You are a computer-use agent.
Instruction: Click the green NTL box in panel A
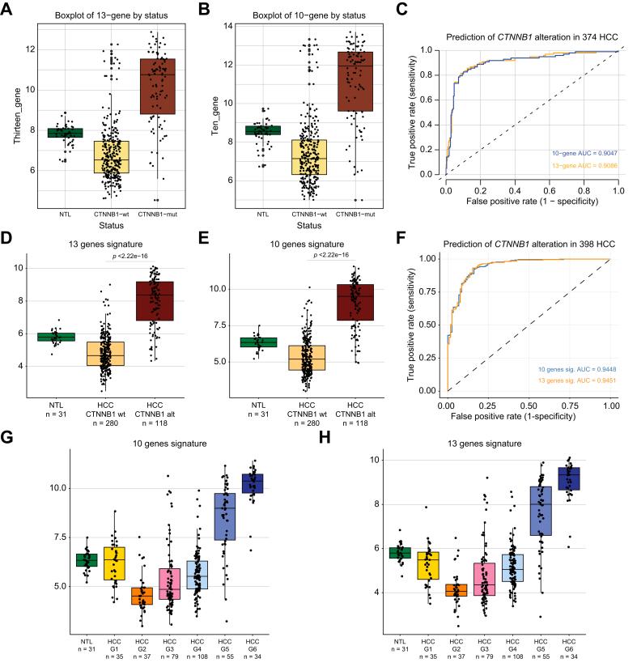64,133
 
